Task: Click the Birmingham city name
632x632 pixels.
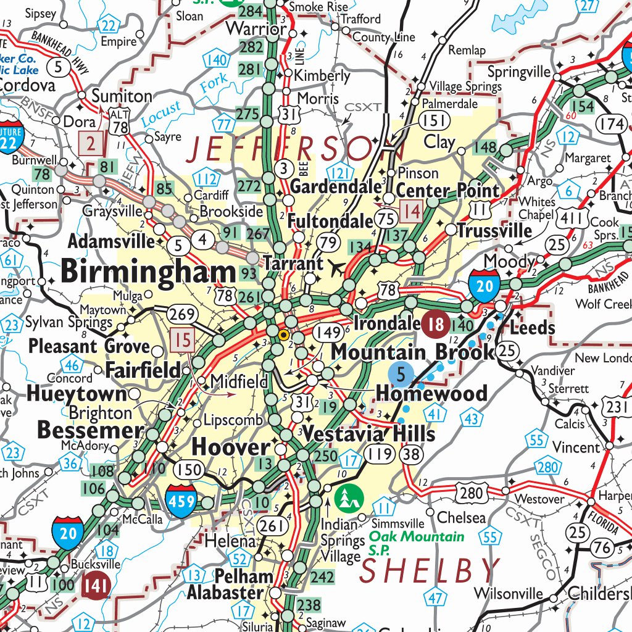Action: tap(148, 272)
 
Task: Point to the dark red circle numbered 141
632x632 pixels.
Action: tap(96, 584)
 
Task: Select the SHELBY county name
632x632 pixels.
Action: tap(430, 570)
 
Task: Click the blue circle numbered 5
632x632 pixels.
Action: tap(401, 373)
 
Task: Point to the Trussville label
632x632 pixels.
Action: tap(494, 231)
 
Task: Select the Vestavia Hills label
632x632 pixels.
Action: tap(368, 433)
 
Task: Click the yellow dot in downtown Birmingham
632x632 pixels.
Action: tap(284, 336)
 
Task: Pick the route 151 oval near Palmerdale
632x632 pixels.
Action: tap(433, 120)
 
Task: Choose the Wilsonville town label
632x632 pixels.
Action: tap(508, 594)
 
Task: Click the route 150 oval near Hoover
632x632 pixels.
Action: tap(188, 469)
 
